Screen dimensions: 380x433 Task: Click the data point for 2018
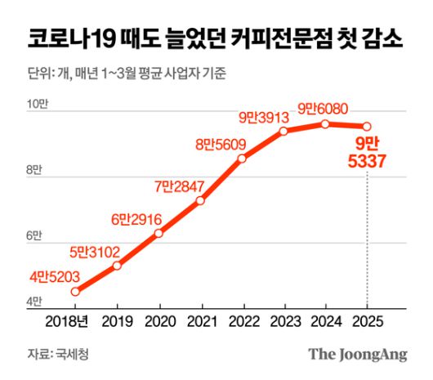75,291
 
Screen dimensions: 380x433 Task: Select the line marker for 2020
158,233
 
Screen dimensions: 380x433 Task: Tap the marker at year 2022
242,159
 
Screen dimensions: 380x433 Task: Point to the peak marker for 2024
325,123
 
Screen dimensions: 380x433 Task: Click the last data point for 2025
367,126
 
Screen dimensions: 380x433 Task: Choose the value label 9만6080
324,107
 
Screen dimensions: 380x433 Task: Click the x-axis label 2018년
74,320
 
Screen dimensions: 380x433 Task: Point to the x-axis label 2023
283,320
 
